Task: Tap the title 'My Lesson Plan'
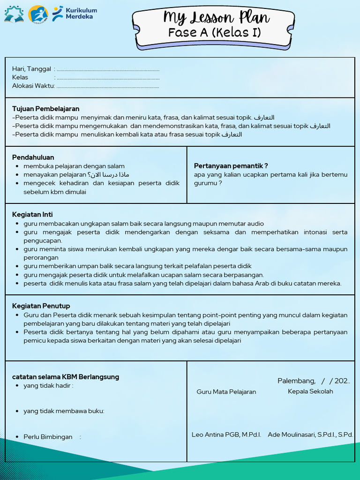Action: (x=216, y=18)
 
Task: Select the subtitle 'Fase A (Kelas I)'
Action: (x=215, y=33)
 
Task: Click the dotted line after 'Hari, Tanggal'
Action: (x=108, y=69)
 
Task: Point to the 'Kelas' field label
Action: (x=20, y=77)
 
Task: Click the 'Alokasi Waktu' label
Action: (x=33, y=86)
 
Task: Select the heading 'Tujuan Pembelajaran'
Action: (x=46, y=109)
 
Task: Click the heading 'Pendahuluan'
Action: (x=33, y=157)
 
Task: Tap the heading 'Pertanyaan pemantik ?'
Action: (x=231, y=166)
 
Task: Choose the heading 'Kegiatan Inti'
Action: (x=32, y=215)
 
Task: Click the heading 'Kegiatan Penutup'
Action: (x=41, y=306)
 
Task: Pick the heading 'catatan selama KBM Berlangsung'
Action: (x=66, y=377)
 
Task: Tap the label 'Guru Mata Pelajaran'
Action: (x=226, y=392)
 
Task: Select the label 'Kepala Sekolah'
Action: (x=310, y=391)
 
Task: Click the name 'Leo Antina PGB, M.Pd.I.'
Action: (x=226, y=435)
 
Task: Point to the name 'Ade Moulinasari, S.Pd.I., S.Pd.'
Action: (x=310, y=435)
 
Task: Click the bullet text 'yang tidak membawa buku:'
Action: (x=64, y=411)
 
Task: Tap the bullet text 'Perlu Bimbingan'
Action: (x=48, y=437)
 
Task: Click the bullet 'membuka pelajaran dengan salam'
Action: (x=74, y=166)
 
